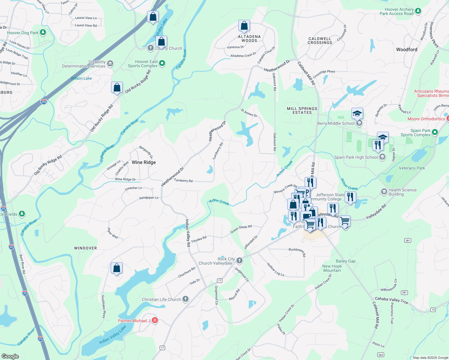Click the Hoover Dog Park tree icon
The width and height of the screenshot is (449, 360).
point(43,32)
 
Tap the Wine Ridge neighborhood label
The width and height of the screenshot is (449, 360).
point(144,162)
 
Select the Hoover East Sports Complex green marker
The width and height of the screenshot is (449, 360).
point(162,63)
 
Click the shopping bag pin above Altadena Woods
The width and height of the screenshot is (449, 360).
point(244,26)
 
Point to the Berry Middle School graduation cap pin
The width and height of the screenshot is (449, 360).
point(357,114)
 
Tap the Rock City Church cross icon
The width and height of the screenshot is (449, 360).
point(239,260)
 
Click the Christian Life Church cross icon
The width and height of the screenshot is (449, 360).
point(185,299)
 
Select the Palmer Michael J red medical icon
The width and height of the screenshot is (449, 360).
point(155,320)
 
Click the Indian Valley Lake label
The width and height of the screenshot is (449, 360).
point(113,335)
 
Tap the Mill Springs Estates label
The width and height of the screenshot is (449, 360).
point(302,110)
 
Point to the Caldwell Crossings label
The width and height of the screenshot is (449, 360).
point(320,40)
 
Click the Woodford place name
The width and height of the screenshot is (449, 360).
point(406,49)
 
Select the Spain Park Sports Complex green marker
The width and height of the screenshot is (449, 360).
point(435,132)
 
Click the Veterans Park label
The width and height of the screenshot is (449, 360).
point(412,168)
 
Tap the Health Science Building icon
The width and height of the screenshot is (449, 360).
point(384,191)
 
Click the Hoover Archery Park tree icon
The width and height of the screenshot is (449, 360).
point(418,11)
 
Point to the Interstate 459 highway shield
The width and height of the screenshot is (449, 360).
point(44,102)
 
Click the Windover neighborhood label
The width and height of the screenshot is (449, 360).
point(86,248)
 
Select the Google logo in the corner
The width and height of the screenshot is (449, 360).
point(10,356)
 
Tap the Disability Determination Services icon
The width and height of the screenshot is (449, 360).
point(110,63)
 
